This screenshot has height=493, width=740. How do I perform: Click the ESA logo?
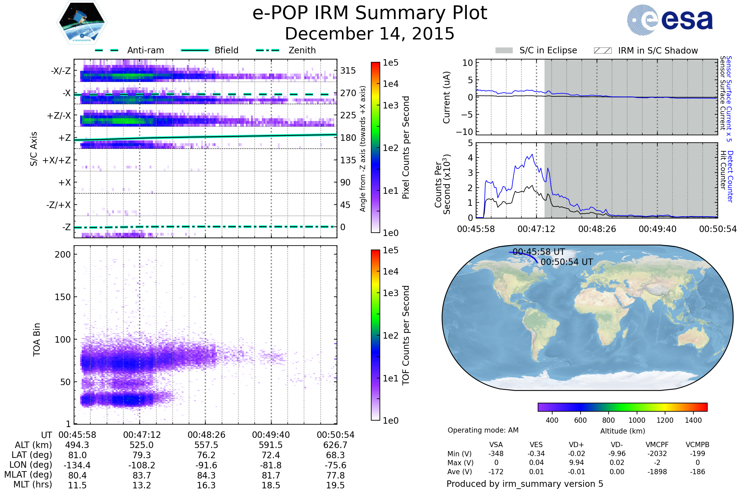670,20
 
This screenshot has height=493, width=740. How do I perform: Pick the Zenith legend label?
302,50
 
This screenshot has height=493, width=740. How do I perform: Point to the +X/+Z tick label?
57,160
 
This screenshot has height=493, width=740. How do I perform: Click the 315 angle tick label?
348,71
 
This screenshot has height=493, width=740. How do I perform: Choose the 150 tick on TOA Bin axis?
63,297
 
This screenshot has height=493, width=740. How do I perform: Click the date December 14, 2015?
370,34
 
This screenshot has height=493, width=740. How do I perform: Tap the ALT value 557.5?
206,445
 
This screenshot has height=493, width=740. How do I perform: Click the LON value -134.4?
77,465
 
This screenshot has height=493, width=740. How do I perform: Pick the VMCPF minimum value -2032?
657,454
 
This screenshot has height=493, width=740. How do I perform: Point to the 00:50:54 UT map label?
567,262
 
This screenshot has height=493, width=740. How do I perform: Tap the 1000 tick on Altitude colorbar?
636,420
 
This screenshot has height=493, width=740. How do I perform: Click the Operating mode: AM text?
483,430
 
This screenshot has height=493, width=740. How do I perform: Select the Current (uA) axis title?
446,97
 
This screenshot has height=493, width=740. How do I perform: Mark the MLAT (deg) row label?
28,475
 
